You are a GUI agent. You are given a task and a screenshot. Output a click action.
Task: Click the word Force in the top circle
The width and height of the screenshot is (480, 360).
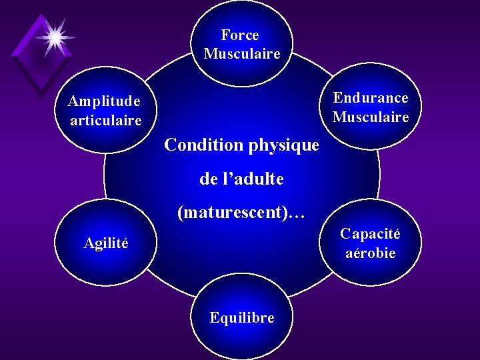[240, 35]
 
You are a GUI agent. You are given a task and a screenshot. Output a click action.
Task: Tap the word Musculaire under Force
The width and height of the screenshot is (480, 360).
[242, 54]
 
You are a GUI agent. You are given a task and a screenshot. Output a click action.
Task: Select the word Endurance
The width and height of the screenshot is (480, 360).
[371, 98]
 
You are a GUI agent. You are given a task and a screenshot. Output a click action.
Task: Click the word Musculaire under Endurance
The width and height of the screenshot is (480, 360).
[371, 117]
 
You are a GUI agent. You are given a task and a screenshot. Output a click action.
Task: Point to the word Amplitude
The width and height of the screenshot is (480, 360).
[105, 101]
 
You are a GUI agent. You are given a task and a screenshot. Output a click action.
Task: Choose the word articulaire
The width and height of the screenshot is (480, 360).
[106, 121]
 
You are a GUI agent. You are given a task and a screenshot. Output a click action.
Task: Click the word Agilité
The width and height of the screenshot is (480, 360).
[106, 243]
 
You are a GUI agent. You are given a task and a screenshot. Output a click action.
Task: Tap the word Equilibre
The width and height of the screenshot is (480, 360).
[241, 318]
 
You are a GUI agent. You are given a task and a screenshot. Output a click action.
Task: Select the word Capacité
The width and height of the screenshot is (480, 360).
[370, 234]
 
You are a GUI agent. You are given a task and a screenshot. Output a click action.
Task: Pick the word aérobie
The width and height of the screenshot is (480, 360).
[371, 253]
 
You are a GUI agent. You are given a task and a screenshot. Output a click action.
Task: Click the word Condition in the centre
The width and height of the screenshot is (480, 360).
[203, 145]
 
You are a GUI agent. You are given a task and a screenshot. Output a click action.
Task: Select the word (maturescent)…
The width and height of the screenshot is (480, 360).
[241, 213]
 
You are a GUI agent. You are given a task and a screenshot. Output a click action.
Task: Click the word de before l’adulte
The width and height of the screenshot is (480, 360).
[208, 179]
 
